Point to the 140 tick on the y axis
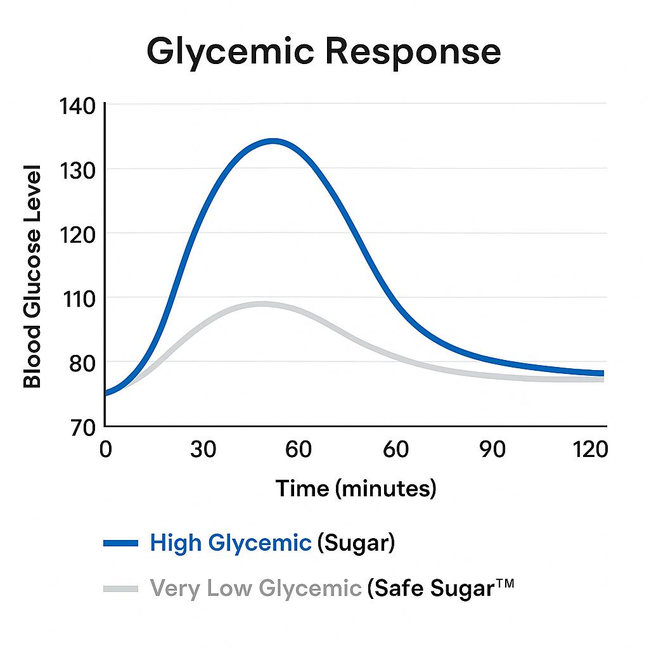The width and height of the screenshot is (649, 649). point(77,106)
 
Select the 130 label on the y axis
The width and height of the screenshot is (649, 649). point(77,170)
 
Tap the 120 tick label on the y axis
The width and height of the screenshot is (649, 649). point(77,235)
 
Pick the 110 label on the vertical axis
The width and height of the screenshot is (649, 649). point(77,299)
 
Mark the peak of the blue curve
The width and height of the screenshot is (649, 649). point(273,141)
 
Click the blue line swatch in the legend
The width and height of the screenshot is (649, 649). point(120,543)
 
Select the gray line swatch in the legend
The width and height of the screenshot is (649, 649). point(120,588)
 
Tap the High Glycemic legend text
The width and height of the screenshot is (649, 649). point(231,543)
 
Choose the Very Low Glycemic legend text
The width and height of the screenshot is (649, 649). point(255,589)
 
